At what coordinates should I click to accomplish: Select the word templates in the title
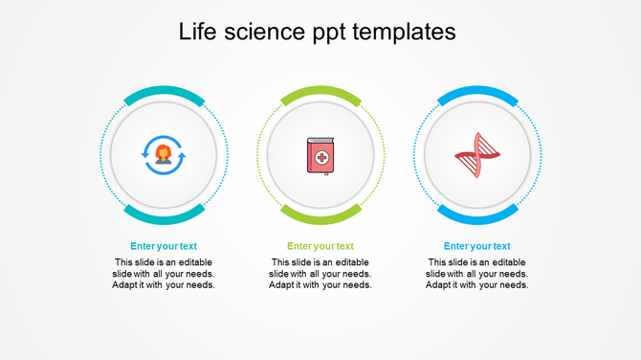tap(404, 33)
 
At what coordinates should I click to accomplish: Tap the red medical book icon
tap(320, 156)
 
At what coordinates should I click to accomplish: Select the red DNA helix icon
tap(477, 155)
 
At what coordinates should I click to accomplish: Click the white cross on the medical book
tap(322, 157)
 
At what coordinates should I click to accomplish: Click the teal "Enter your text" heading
tap(164, 246)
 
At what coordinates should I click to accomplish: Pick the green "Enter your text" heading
tap(320, 246)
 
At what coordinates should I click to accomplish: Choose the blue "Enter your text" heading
tap(477, 246)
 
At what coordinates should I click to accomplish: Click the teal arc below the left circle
tap(164, 216)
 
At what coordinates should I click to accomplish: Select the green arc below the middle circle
tap(320, 216)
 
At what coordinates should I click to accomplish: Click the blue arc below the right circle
tap(477, 216)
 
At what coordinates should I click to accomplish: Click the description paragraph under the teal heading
tap(164, 273)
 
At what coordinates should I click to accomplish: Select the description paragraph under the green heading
tap(320, 273)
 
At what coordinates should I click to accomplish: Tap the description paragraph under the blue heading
tap(477, 273)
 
